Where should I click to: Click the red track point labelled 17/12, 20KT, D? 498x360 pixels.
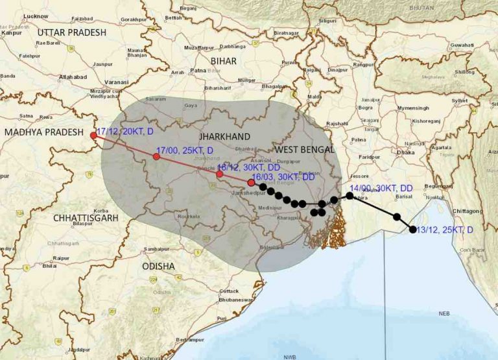pos(93,135)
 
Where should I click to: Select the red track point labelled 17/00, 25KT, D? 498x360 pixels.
pos(156,156)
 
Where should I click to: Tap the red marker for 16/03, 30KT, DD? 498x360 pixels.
pos(251,182)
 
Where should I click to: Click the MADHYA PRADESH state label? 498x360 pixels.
pos(45,132)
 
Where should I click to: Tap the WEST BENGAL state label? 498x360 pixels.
pos(304,149)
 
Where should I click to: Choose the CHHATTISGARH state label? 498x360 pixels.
pos(86,218)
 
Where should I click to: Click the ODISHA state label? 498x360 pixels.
pos(159,266)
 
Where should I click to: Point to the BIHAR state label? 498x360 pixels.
pos(222,60)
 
